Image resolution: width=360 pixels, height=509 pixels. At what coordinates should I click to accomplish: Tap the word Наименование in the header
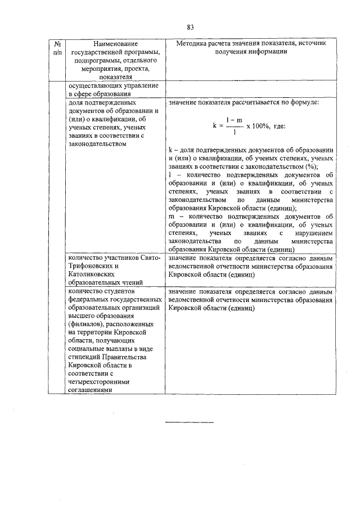pos(115,43)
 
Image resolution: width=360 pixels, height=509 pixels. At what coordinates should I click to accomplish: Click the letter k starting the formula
pos(215,125)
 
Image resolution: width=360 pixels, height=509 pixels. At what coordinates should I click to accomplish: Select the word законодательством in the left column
pos(97,144)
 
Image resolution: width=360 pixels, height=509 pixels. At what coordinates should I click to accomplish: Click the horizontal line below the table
pos(190,421)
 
